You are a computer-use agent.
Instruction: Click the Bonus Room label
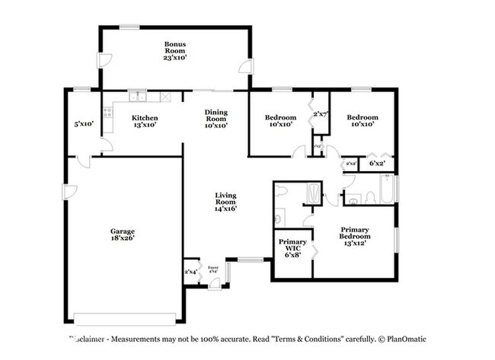(x=174, y=50)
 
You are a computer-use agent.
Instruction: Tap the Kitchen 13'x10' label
(x=145, y=122)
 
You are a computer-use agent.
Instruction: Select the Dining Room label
(x=216, y=119)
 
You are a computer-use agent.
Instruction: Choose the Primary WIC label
(x=292, y=250)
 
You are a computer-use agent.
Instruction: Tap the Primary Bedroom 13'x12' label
(x=354, y=237)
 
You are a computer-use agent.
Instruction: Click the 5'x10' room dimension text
(x=83, y=123)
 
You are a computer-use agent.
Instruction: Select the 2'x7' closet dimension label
(x=320, y=114)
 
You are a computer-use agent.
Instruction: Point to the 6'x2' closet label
(x=377, y=163)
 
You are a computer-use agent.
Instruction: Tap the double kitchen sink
(x=137, y=97)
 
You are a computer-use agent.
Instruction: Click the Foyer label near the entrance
(x=213, y=268)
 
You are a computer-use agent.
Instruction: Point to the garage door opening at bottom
(x=126, y=317)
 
